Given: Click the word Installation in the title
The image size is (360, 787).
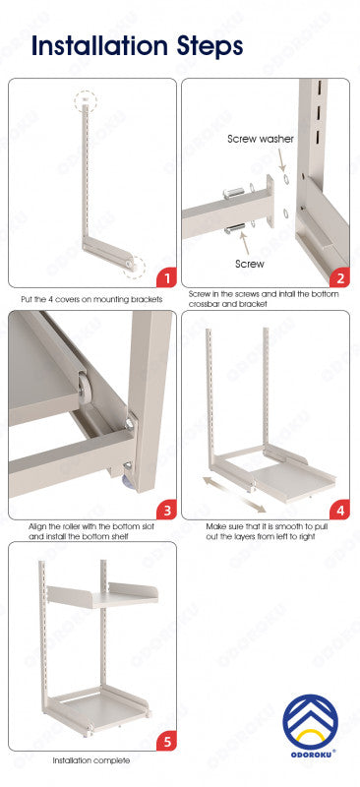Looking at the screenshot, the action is tap(99, 46).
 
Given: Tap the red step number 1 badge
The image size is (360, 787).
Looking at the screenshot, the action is tap(166, 277).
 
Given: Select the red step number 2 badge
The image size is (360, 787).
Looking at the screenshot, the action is tap(340, 277).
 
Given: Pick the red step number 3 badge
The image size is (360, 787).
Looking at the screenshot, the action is tap(166, 510).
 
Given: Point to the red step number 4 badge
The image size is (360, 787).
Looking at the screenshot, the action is tap(340, 510).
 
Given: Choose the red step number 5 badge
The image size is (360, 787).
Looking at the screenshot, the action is tap(166, 741).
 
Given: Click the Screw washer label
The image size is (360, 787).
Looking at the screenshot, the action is tap(261, 139).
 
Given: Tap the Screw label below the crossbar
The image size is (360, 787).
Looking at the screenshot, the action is tap(250, 264).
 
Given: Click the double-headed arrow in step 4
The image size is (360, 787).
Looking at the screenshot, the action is tap(234, 495).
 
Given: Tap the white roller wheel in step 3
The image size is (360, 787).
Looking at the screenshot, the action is tap(85, 387).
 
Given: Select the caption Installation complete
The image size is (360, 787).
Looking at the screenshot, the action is tap(91, 760).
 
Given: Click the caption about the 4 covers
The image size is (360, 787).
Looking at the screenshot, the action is tap(91, 300).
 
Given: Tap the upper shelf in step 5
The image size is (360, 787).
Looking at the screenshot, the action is tap(103, 596).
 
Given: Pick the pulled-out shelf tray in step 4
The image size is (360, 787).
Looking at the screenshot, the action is tap(295, 482).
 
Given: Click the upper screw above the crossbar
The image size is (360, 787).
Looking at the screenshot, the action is tap(234, 193).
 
